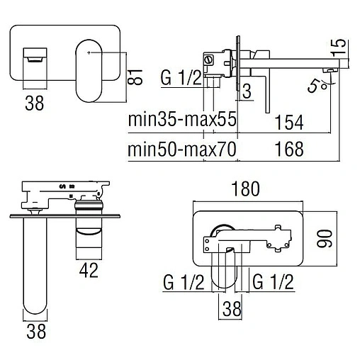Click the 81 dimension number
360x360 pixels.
click(x=135, y=77)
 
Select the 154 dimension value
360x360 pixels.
click(x=289, y=122)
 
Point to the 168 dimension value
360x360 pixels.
click(x=289, y=149)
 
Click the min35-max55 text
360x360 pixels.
click(x=182, y=119)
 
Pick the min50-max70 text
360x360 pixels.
click(x=182, y=149)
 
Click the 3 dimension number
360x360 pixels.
click(x=247, y=91)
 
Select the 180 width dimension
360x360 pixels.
click(x=245, y=189)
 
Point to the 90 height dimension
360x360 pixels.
click(x=325, y=239)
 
